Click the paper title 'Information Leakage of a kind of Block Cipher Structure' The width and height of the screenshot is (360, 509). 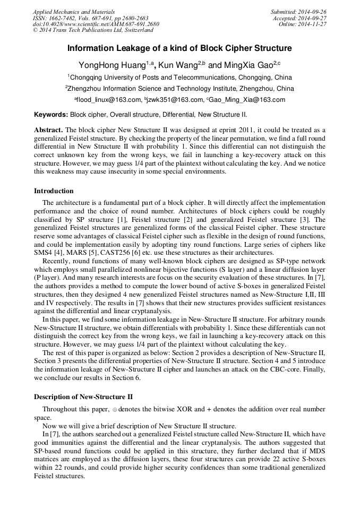[179, 48]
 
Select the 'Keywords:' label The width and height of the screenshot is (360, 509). [51, 114]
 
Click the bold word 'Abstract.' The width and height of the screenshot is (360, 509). [49, 130]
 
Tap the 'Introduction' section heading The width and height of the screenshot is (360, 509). [54, 191]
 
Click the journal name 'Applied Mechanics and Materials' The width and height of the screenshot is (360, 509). [74, 11]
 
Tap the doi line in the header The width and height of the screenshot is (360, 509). [96, 24]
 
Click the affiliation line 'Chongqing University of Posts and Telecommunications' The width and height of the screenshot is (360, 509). [179, 77]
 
